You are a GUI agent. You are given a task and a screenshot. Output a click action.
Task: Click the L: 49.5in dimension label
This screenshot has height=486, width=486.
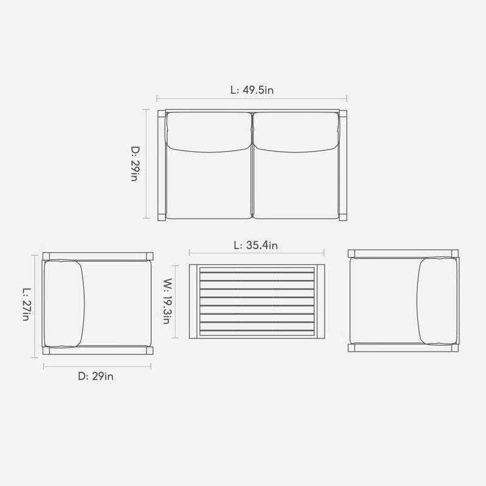tap(251, 90)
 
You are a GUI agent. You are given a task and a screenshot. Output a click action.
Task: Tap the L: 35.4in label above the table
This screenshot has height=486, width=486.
tap(256, 245)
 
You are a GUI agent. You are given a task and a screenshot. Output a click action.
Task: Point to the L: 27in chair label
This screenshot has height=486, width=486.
tap(26, 304)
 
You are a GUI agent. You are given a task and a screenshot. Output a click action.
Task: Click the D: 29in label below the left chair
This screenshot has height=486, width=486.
tap(96, 376)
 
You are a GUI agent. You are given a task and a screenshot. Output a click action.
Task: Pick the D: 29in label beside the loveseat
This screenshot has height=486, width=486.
tap(135, 163)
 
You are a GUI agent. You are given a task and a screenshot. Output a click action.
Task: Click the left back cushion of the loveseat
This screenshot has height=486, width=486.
tap(208, 131)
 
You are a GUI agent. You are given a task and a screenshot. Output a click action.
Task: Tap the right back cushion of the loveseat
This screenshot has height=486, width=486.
tap(296, 131)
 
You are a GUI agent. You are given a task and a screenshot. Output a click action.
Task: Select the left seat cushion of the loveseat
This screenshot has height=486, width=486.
tap(208, 182)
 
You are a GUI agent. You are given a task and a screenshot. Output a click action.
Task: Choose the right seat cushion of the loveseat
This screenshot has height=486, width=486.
tap(296, 182)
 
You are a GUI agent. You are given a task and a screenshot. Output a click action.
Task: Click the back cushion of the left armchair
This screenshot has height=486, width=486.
tap(64, 303)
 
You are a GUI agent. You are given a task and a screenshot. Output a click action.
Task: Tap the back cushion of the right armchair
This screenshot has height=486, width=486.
tap(438, 300)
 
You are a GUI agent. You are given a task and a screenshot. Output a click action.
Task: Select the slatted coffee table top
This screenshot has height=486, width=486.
tap(256, 301)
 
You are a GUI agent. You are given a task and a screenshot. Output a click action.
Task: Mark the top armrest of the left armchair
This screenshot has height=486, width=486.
tap(97, 256)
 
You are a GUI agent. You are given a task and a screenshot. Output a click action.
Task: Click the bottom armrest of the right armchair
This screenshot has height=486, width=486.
tap(404, 348)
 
